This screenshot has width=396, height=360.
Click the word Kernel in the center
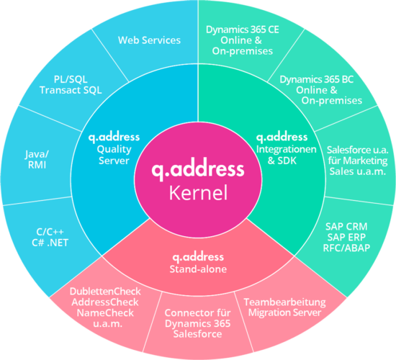tap(198, 193)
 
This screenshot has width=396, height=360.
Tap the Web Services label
tap(149, 40)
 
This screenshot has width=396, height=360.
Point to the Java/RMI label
tap(37, 160)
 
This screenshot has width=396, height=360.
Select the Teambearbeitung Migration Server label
tap(284, 307)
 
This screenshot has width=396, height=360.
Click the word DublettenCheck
tap(104, 292)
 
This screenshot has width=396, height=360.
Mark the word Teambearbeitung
tap(284, 302)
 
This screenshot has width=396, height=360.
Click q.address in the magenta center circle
tap(198, 171)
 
